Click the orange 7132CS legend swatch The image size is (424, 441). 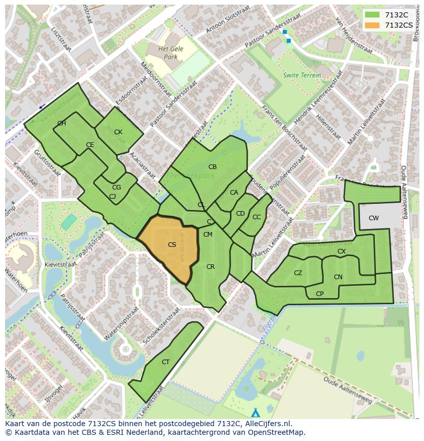click(373, 25)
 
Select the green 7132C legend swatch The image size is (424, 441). click(373, 15)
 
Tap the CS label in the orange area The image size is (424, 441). click(172, 245)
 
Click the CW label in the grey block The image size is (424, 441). click(374, 218)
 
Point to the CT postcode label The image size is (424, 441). click(165, 362)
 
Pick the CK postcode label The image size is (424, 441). click(118, 132)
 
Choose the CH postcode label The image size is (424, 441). click(61, 123)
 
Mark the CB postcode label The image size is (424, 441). click(213, 167)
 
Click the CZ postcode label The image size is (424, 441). click(298, 273)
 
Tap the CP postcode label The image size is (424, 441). click(320, 294)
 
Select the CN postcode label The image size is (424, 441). click(338, 277)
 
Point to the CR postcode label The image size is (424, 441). click(210, 267)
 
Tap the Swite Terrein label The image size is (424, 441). click(302, 75)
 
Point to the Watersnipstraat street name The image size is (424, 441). click(122, 324)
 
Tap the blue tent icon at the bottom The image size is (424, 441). click(256, 412)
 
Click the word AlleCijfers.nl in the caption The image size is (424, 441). click(267, 424)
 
